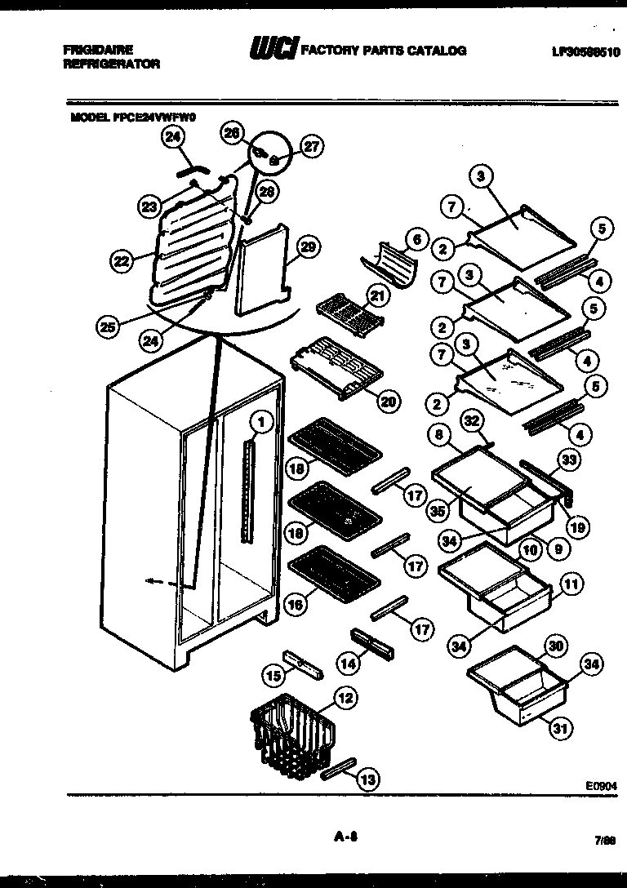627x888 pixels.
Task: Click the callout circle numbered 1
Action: click(261, 422)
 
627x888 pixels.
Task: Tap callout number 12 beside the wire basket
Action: click(346, 698)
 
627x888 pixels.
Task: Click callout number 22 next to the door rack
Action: click(122, 261)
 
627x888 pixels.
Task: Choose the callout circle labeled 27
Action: click(312, 147)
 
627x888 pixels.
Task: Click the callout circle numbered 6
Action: click(416, 239)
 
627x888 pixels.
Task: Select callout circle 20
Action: click(389, 401)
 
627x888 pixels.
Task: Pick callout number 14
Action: click(349, 664)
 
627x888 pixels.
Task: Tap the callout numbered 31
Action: click(560, 729)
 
